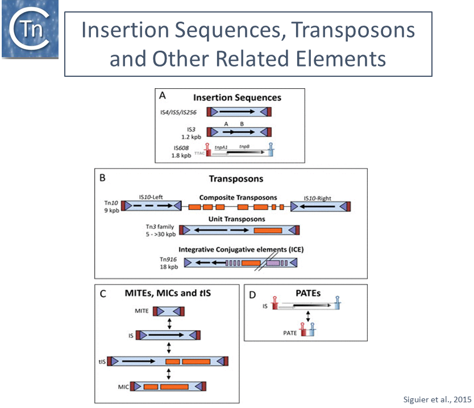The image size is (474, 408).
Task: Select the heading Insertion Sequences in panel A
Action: click(x=237, y=98)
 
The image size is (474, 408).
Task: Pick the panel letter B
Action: click(x=102, y=178)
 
